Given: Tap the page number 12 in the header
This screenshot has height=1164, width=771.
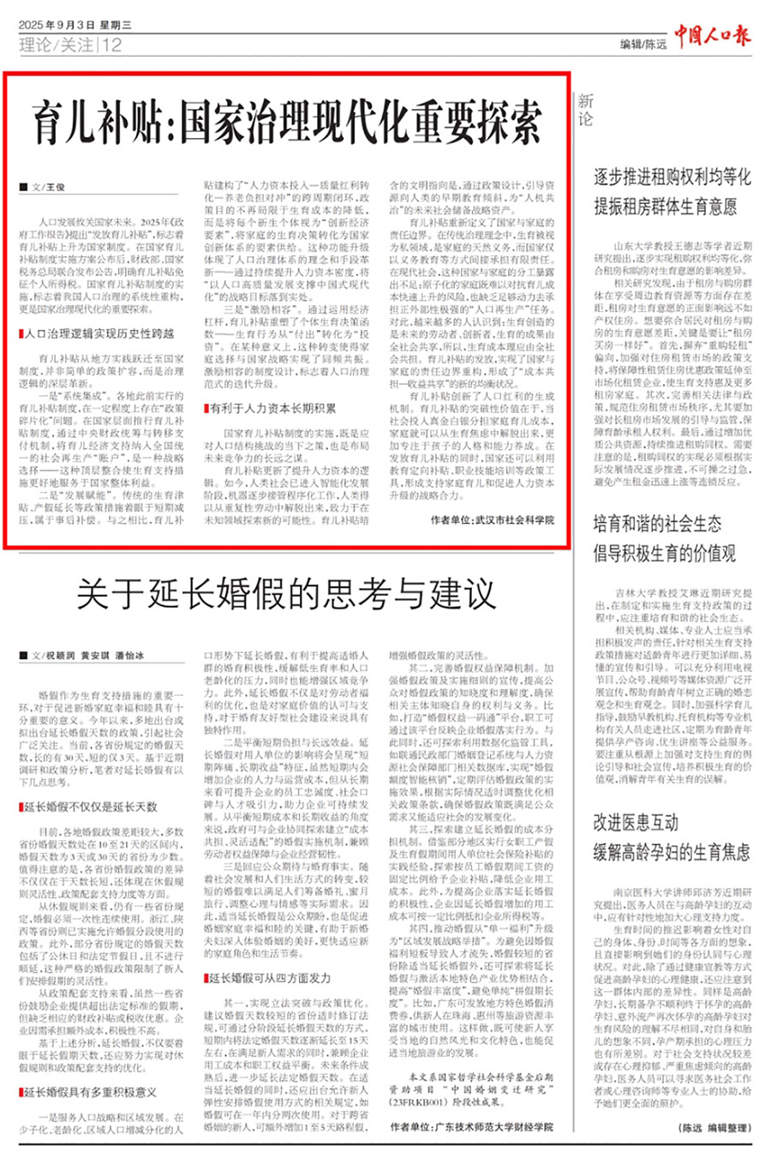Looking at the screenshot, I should pyautogui.click(x=113, y=45).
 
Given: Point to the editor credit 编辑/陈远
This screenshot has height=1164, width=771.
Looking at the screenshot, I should pyautogui.click(x=643, y=44).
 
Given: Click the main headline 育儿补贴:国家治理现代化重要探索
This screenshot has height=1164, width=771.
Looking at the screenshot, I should pyautogui.click(x=288, y=120).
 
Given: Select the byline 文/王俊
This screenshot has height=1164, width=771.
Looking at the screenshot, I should pyautogui.click(x=48, y=187).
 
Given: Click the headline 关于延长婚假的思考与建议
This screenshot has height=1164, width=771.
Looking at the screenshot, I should pyautogui.click(x=287, y=593).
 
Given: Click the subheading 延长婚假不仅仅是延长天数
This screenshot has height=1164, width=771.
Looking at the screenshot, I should pyautogui.click(x=90, y=807).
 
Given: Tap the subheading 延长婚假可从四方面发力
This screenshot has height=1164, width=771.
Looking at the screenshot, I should pyautogui.click(x=270, y=977).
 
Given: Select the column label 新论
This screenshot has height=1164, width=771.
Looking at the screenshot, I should pyautogui.click(x=584, y=110).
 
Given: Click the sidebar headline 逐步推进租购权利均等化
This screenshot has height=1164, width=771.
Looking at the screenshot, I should pyautogui.click(x=672, y=177).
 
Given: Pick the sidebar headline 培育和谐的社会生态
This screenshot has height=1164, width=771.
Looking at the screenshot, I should pyautogui.click(x=657, y=524).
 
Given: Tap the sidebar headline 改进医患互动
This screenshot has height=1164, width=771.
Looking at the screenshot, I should pyautogui.click(x=635, y=823).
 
